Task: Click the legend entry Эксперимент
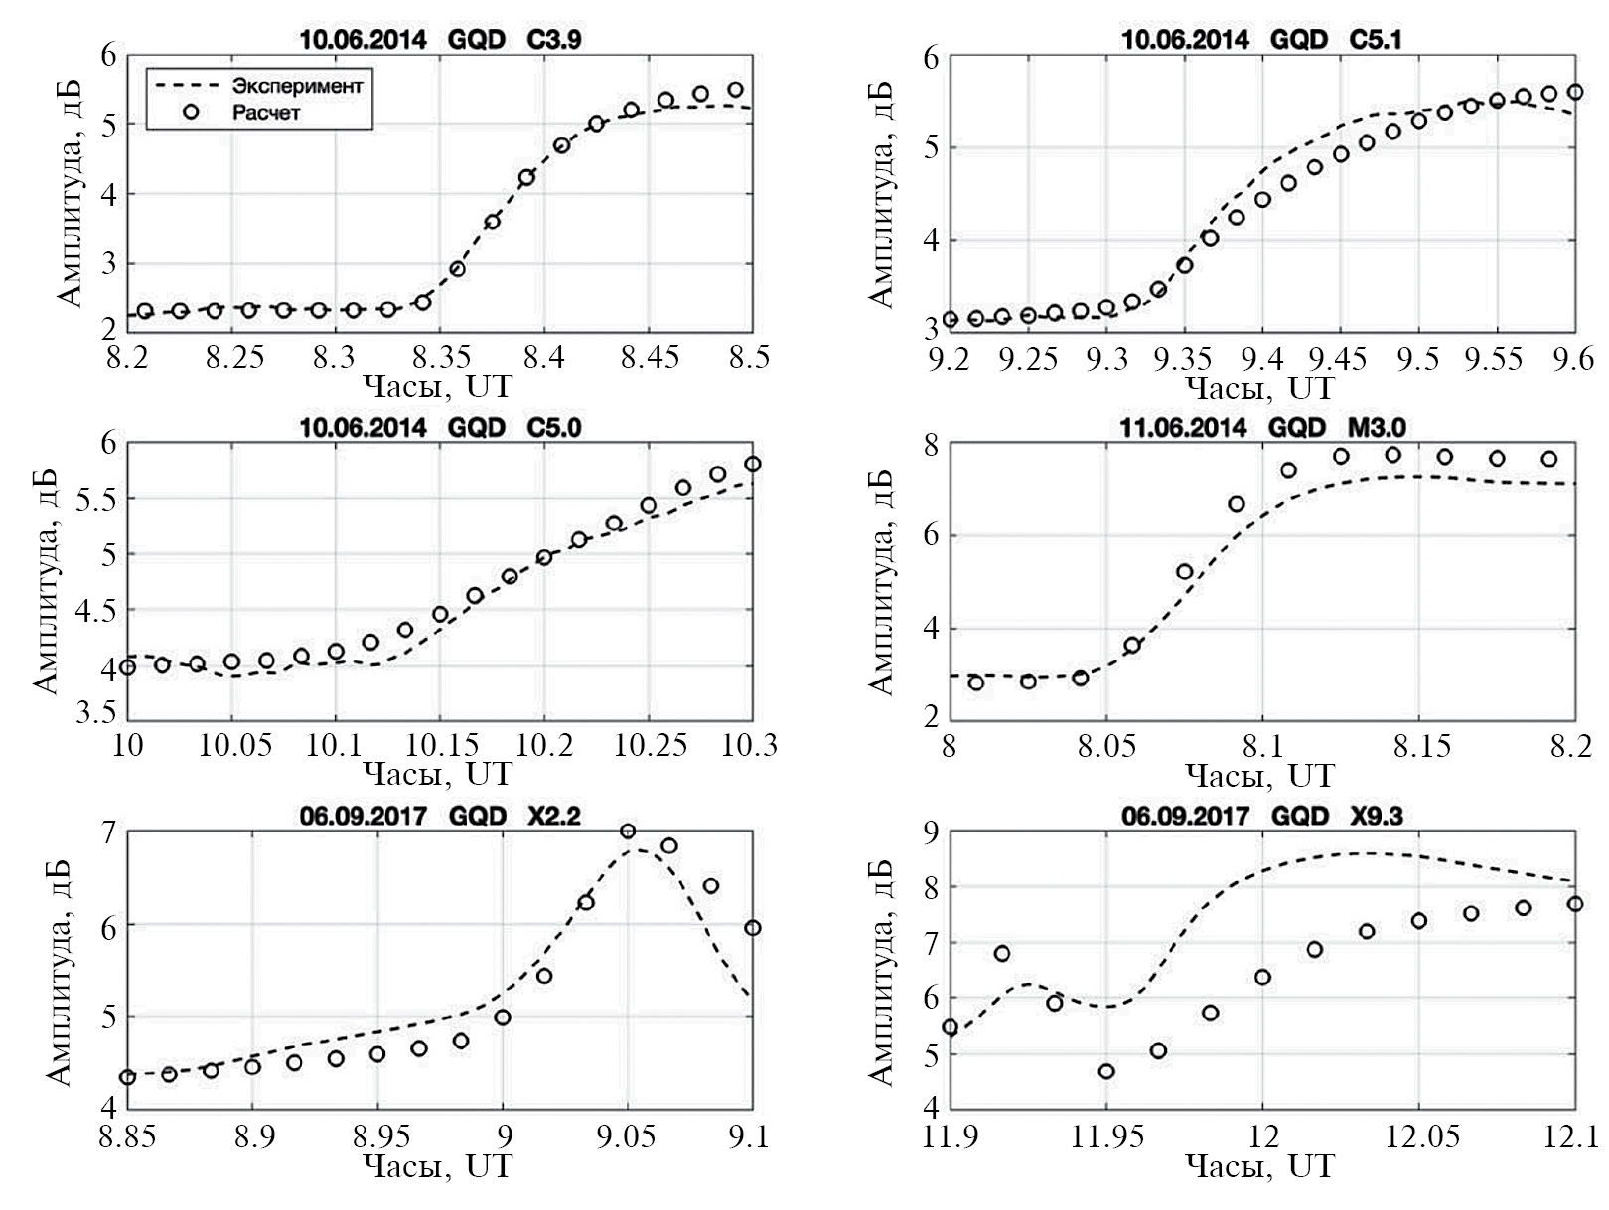[x=296, y=86]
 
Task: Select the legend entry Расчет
[x=265, y=113]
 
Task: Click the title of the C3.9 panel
[x=440, y=40]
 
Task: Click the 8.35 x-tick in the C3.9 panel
[x=442, y=356]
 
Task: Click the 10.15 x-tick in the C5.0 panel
[x=442, y=745]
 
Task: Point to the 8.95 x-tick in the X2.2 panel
[x=378, y=1134]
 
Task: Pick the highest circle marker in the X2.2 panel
[x=628, y=832]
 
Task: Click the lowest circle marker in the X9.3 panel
[x=1106, y=1071]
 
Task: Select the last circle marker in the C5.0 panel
[x=753, y=464]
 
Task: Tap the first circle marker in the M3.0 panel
[x=975, y=682]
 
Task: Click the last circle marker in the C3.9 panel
[x=735, y=90]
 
